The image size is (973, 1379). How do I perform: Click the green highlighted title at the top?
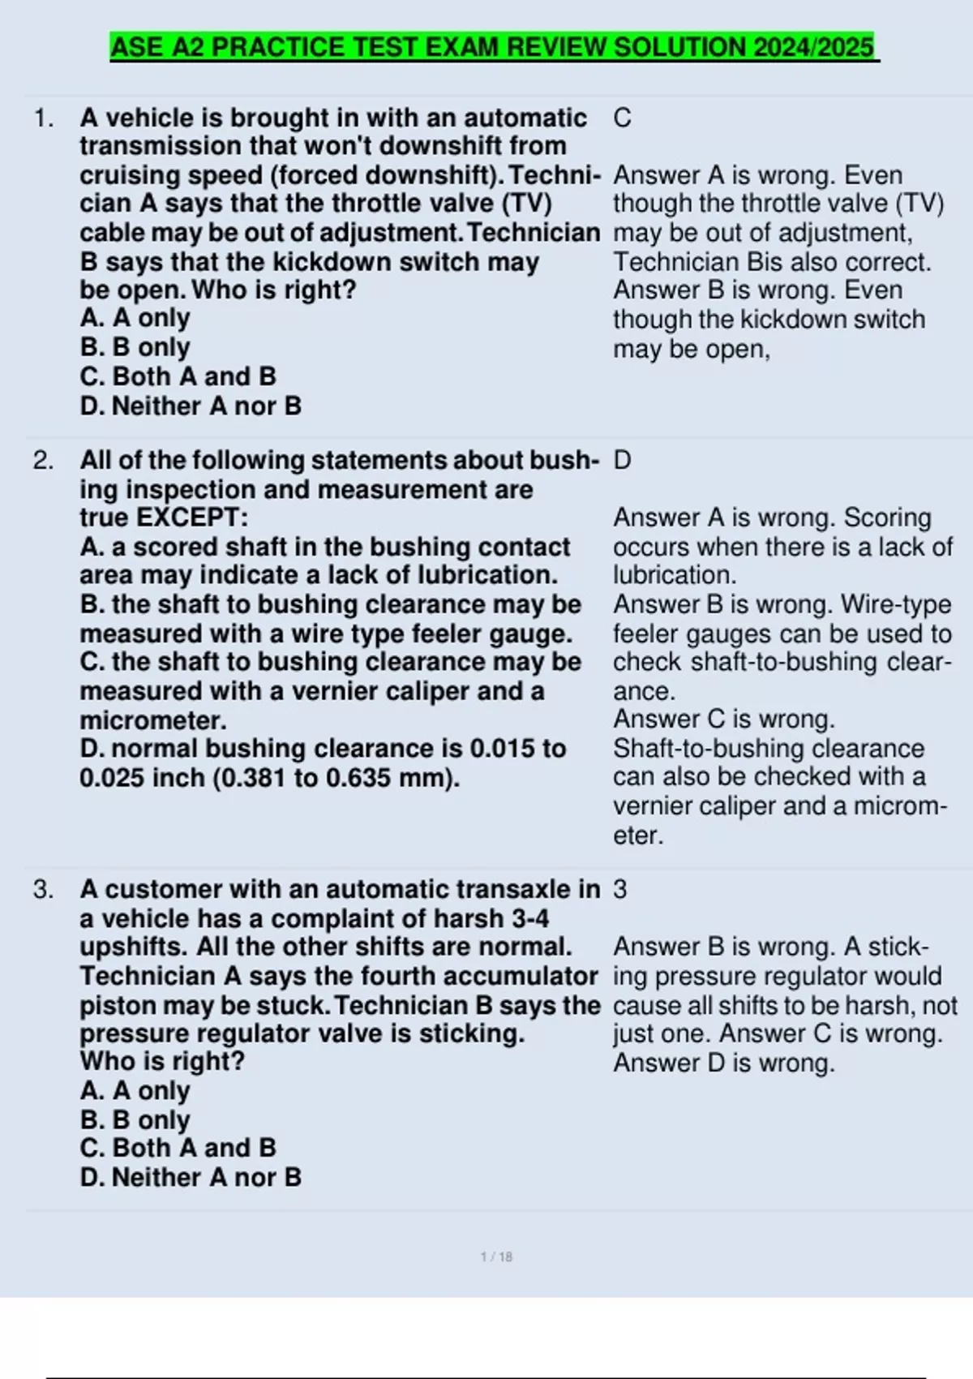coord(493,47)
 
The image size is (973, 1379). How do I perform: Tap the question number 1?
coord(43,118)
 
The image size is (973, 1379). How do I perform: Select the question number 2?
coord(43,461)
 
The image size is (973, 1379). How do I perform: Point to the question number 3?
coord(43,890)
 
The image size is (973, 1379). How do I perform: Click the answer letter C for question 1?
coord(622,118)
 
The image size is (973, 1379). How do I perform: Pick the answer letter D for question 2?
coord(622,461)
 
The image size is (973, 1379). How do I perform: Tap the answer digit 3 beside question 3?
coord(620,890)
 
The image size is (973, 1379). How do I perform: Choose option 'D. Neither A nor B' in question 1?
coord(191,406)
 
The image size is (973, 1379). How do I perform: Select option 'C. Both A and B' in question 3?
coord(178,1148)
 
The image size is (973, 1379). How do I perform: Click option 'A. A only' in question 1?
coord(135,318)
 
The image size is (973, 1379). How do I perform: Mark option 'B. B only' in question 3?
coord(135,1119)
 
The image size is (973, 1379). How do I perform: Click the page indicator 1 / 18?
coord(496,1257)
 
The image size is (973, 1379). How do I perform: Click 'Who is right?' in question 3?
coord(162,1062)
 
